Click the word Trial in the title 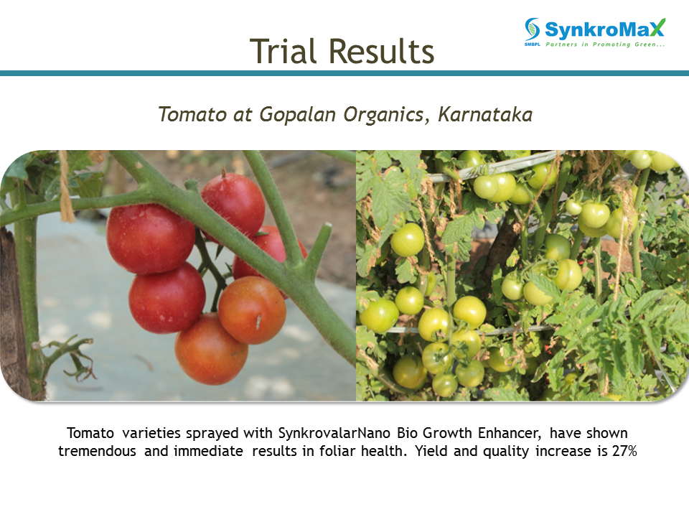(x=283, y=51)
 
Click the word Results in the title (x=381, y=51)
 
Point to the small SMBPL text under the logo (x=532, y=45)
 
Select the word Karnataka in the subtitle (x=485, y=114)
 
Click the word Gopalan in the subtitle (x=297, y=115)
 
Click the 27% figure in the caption (x=624, y=451)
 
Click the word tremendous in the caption (x=97, y=451)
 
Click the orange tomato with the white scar (x=252, y=310)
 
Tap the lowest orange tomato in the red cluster (x=211, y=349)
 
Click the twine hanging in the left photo (x=66, y=187)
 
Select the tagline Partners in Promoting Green (x=605, y=45)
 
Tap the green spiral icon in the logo (x=532, y=29)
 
